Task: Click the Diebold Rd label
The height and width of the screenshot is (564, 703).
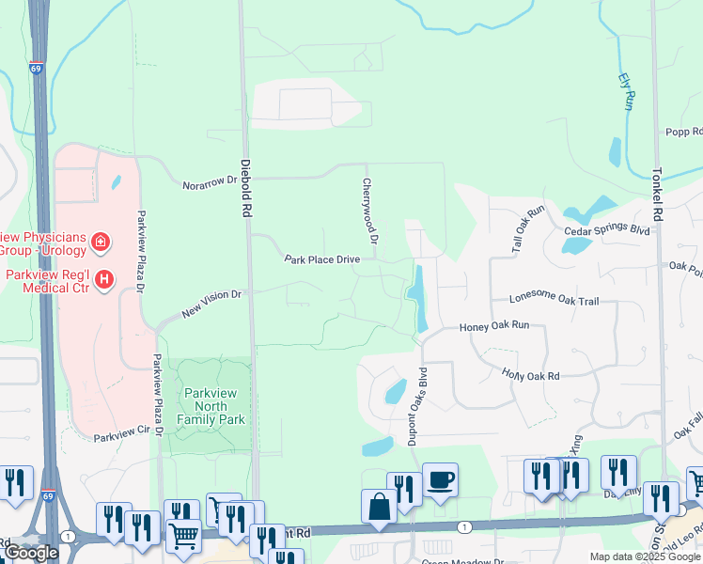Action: tap(245, 188)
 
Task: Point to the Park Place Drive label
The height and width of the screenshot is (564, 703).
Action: tap(322, 258)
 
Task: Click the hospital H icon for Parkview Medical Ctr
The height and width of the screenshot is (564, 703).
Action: tap(104, 279)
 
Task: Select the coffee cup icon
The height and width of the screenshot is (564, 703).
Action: tap(440, 480)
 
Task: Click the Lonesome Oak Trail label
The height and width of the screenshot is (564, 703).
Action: tap(554, 300)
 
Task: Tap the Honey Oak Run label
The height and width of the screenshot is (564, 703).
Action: tap(494, 326)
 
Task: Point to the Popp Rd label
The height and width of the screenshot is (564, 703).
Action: tap(683, 133)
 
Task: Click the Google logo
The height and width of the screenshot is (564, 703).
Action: tap(31, 553)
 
